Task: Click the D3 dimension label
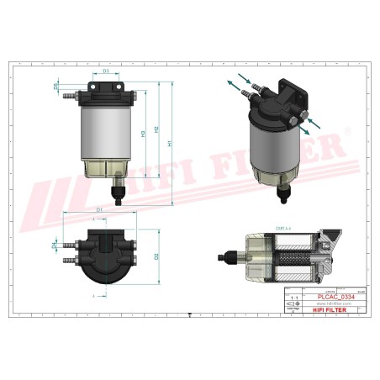[x=107, y=71]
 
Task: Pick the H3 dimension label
[x=144, y=133]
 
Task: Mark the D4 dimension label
[x=56, y=246]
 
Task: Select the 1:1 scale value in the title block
[x=293, y=298]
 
